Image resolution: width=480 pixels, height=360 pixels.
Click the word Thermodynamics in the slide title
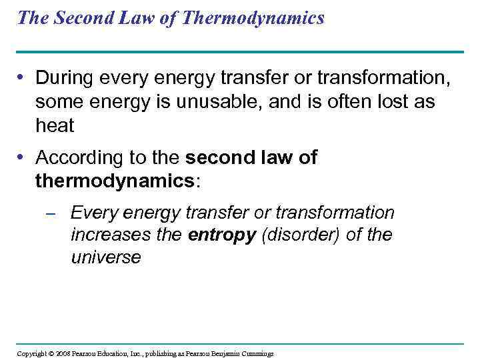(253, 18)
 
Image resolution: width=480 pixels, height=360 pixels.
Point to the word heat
(55, 125)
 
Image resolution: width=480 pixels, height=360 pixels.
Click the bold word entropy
(222, 235)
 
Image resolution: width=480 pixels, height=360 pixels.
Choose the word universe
(106, 258)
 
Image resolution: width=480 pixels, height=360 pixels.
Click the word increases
(109, 235)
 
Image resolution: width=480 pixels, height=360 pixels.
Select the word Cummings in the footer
(256, 353)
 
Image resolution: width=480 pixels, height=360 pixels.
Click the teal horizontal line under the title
(240, 52)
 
